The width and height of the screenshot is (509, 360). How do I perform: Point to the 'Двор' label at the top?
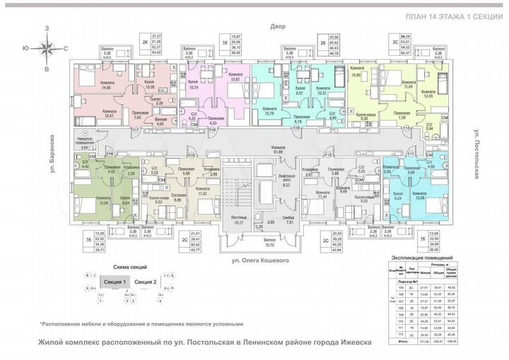tap(276, 26)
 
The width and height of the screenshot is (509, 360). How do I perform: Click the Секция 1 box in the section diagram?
tap(115, 282)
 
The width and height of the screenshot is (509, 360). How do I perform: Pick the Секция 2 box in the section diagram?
tap(145, 282)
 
